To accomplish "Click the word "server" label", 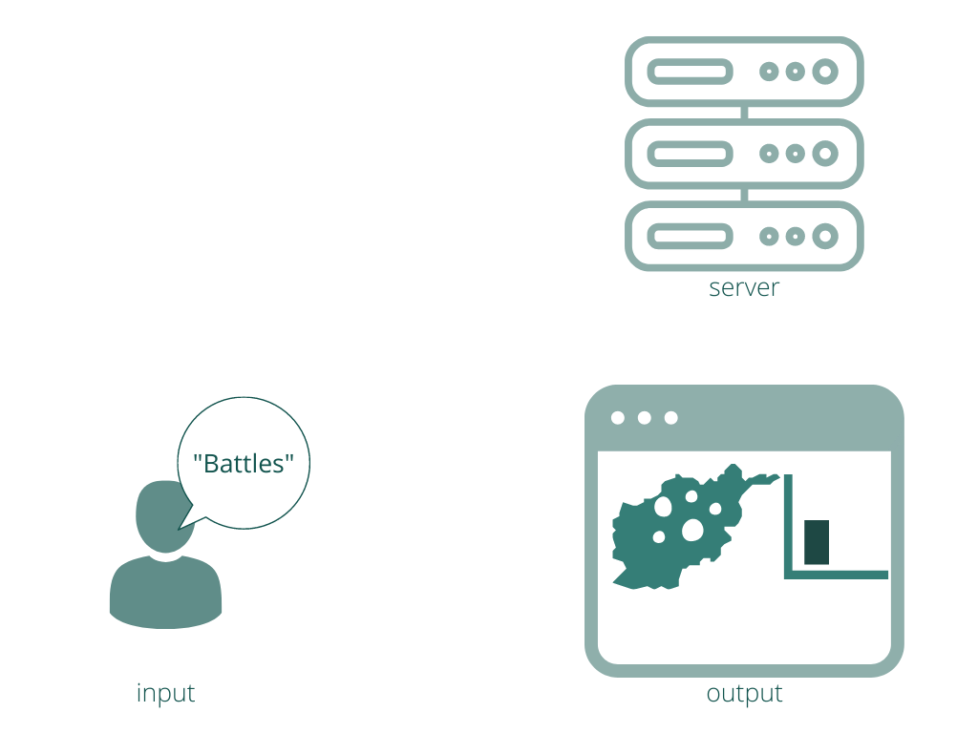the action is click(x=744, y=288).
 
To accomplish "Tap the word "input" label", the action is click(x=166, y=693).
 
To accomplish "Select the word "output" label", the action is click(x=744, y=694).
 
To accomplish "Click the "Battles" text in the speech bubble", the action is click(x=244, y=464).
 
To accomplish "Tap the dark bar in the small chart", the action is click(x=817, y=542).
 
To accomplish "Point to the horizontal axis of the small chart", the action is click(x=836, y=575).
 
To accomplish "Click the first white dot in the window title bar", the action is click(x=618, y=418).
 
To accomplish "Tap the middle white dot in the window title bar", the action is click(x=645, y=418).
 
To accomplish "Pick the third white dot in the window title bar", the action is click(x=671, y=418).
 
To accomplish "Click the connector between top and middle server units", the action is click(x=744, y=113).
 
